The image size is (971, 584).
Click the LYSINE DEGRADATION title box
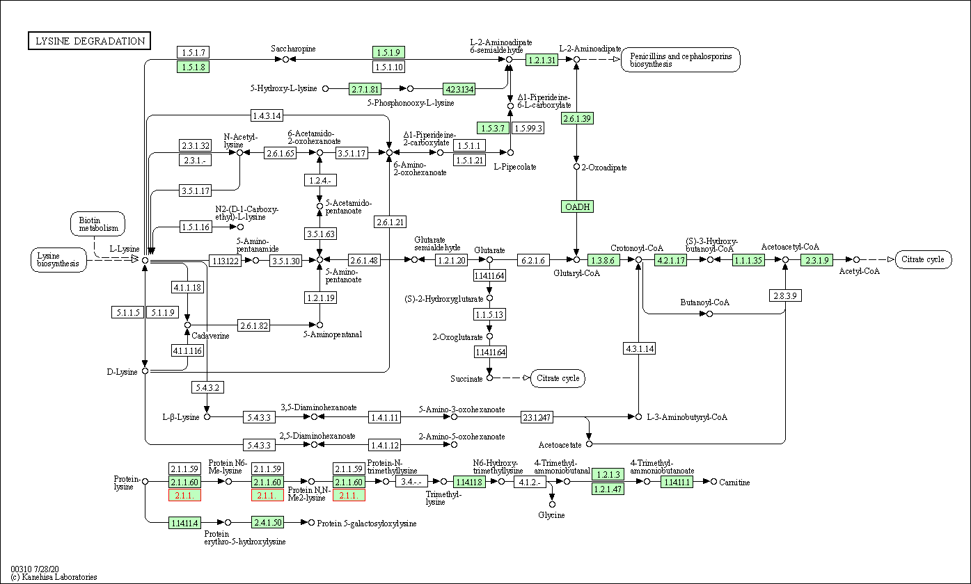pos(89,41)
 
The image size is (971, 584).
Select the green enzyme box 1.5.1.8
pos(194,67)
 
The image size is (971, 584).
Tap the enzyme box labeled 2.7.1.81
pos(365,88)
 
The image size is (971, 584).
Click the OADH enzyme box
pos(577,206)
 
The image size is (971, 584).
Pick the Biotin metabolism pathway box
pos(98,224)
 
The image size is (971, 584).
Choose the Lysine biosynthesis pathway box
pos(58,260)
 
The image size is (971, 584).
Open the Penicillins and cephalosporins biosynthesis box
pos(681,60)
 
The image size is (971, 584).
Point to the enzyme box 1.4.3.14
pos(267,115)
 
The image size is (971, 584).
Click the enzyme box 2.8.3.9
pos(786,295)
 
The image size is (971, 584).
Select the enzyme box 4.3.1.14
pos(639,348)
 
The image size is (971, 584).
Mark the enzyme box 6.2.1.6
pos(534,260)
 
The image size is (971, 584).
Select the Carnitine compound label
pos(734,482)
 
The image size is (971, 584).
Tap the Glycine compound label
pos(551,515)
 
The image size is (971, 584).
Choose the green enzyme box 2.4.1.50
pos(268,522)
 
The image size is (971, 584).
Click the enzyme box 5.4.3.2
pos(207,387)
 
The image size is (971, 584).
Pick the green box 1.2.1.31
pos(542,60)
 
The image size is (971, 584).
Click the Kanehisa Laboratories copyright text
pos(54,577)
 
